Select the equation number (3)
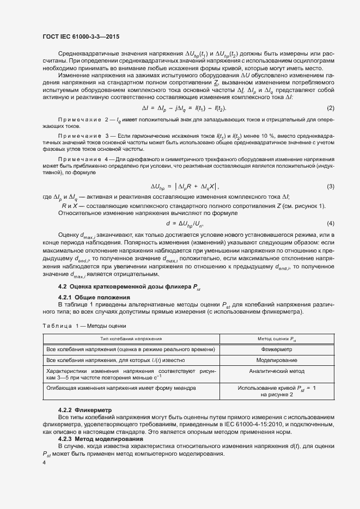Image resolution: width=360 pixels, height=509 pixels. pyautogui.click(x=330, y=187)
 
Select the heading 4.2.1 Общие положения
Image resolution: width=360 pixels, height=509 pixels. pyautogui.click(x=94, y=297)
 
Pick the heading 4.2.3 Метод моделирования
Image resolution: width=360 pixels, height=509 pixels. pyautogui.click(x=101, y=438)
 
